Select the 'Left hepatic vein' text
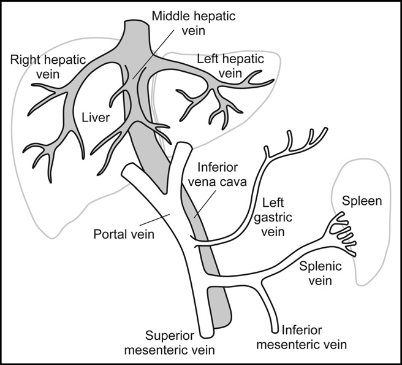coord(230,66)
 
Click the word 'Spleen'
coord(362,201)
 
